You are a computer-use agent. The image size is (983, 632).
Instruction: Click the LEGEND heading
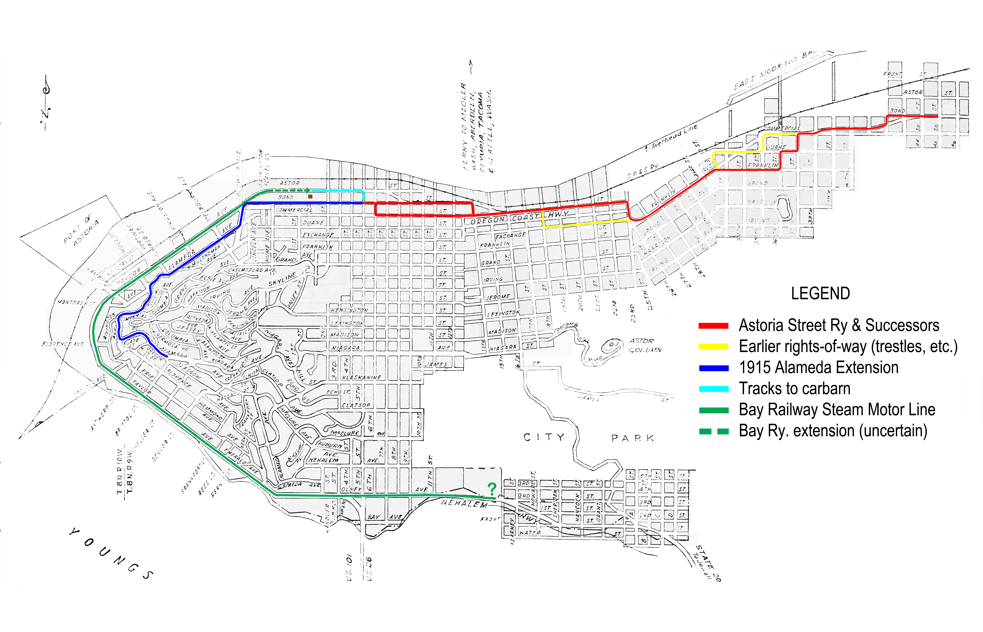(x=820, y=294)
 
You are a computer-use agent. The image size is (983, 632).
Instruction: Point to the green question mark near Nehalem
(x=492, y=488)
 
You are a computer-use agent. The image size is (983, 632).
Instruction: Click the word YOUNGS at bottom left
(x=111, y=554)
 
